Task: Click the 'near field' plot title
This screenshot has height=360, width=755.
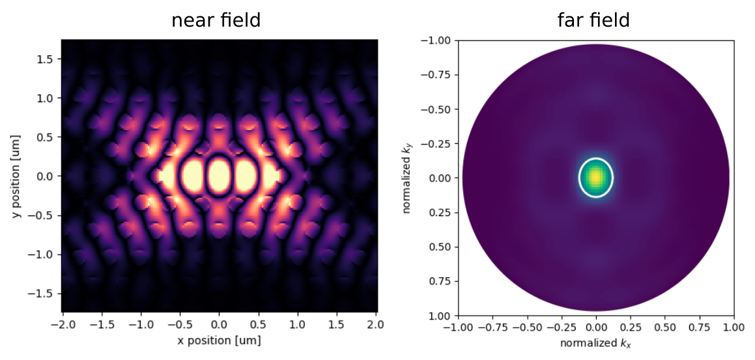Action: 216,20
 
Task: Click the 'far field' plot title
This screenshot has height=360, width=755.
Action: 593,20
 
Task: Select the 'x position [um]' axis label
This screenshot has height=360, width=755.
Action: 220,340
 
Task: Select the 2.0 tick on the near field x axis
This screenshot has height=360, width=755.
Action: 376,324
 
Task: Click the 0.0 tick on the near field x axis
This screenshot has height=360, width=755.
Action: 220,324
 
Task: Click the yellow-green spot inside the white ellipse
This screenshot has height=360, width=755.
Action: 595,176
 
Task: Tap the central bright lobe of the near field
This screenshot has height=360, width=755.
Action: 219,175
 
